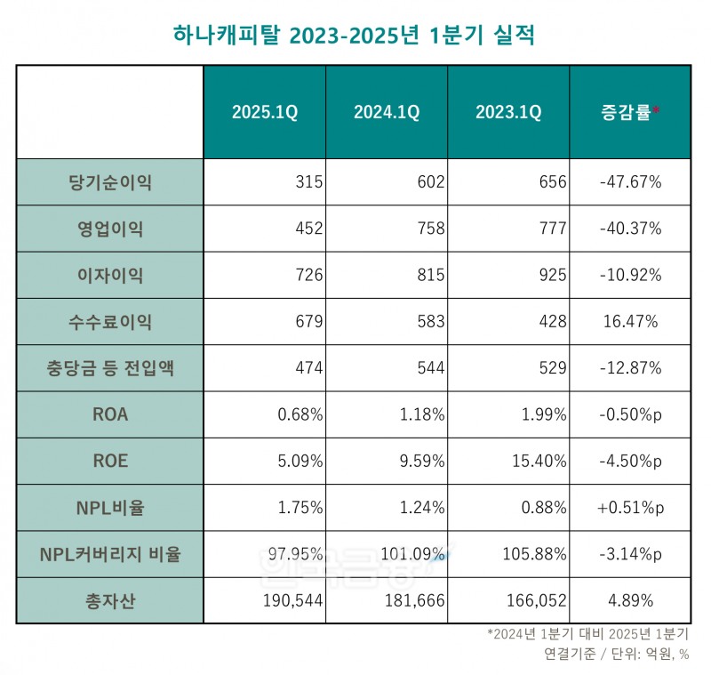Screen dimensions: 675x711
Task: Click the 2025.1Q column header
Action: pyautogui.click(x=265, y=113)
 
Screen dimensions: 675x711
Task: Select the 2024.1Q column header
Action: pyautogui.click(x=387, y=113)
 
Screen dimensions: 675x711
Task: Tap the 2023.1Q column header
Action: pyautogui.click(x=508, y=113)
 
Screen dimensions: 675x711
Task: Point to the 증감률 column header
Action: pyautogui.click(x=630, y=113)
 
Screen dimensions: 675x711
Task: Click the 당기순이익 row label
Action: pyautogui.click(x=110, y=182)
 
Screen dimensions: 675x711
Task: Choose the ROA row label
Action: pyautogui.click(x=110, y=414)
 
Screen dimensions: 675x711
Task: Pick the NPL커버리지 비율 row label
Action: pyautogui.click(x=110, y=554)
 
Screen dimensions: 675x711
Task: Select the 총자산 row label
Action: pyautogui.click(x=110, y=600)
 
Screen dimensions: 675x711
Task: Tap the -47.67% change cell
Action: pyautogui.click(x=630, y=182)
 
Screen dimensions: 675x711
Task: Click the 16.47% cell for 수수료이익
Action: pyautogui.click(x=630, y=322)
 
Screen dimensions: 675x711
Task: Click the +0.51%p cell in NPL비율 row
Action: pyautogui.click(x=630, y=508)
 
